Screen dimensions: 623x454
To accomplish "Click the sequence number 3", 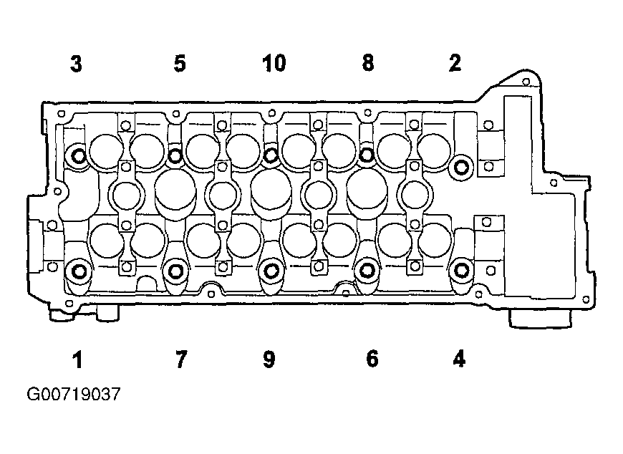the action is tap(77, 64).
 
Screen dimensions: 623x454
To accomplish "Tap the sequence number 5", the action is tap(180, 64).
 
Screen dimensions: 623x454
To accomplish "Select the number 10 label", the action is tap(274, 64).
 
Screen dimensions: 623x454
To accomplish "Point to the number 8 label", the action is tap(368, 63).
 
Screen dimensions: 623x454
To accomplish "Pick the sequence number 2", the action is tap(455, 63).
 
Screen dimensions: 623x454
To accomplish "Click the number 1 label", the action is tap(77, 360).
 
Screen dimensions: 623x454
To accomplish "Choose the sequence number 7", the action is tap(180, 359).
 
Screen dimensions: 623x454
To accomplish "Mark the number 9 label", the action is tap(269, 359).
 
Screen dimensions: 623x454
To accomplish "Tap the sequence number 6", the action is tap(372, 359).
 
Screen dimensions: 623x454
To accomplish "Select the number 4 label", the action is tap(459, 359).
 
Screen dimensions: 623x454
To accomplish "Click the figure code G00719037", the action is tap(74, 395).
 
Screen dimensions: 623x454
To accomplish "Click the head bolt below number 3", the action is tap(78, 155).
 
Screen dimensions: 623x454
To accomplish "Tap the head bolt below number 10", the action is tap(271, 155).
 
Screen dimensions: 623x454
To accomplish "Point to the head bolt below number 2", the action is tap(461, 168).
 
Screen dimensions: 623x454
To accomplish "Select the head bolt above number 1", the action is tap(79, 271).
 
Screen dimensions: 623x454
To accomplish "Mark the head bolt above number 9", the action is tap(271, 271).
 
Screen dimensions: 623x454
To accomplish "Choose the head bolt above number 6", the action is tap(367, 271).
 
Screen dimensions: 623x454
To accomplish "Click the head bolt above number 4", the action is tap(461, 270).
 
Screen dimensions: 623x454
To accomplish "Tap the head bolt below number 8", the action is tap(367, 155).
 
